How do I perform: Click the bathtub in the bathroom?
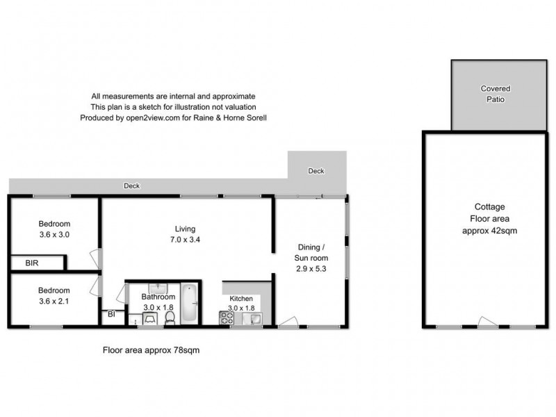coord(189,304)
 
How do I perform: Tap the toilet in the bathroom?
coord(169,318)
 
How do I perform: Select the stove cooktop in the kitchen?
coord(227,318)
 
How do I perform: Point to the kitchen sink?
coord(254,318)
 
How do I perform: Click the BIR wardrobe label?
coord(32,263)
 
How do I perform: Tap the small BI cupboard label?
coord(111,315)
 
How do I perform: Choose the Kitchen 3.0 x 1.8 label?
coord(241,304)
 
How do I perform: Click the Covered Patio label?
coord(496,94)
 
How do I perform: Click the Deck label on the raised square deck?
coord(316,171)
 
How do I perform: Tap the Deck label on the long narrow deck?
coord(131,186)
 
